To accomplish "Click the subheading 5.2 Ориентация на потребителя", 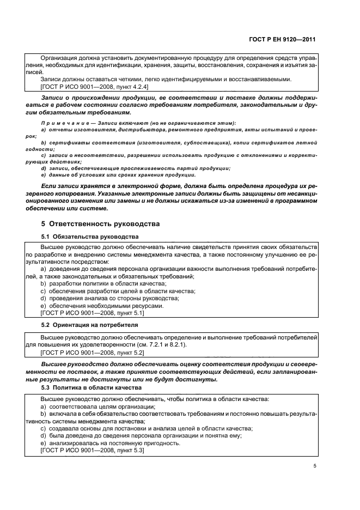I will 89,325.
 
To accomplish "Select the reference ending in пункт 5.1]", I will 91,313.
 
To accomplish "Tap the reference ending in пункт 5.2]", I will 91,353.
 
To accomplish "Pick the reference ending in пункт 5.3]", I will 91,451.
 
